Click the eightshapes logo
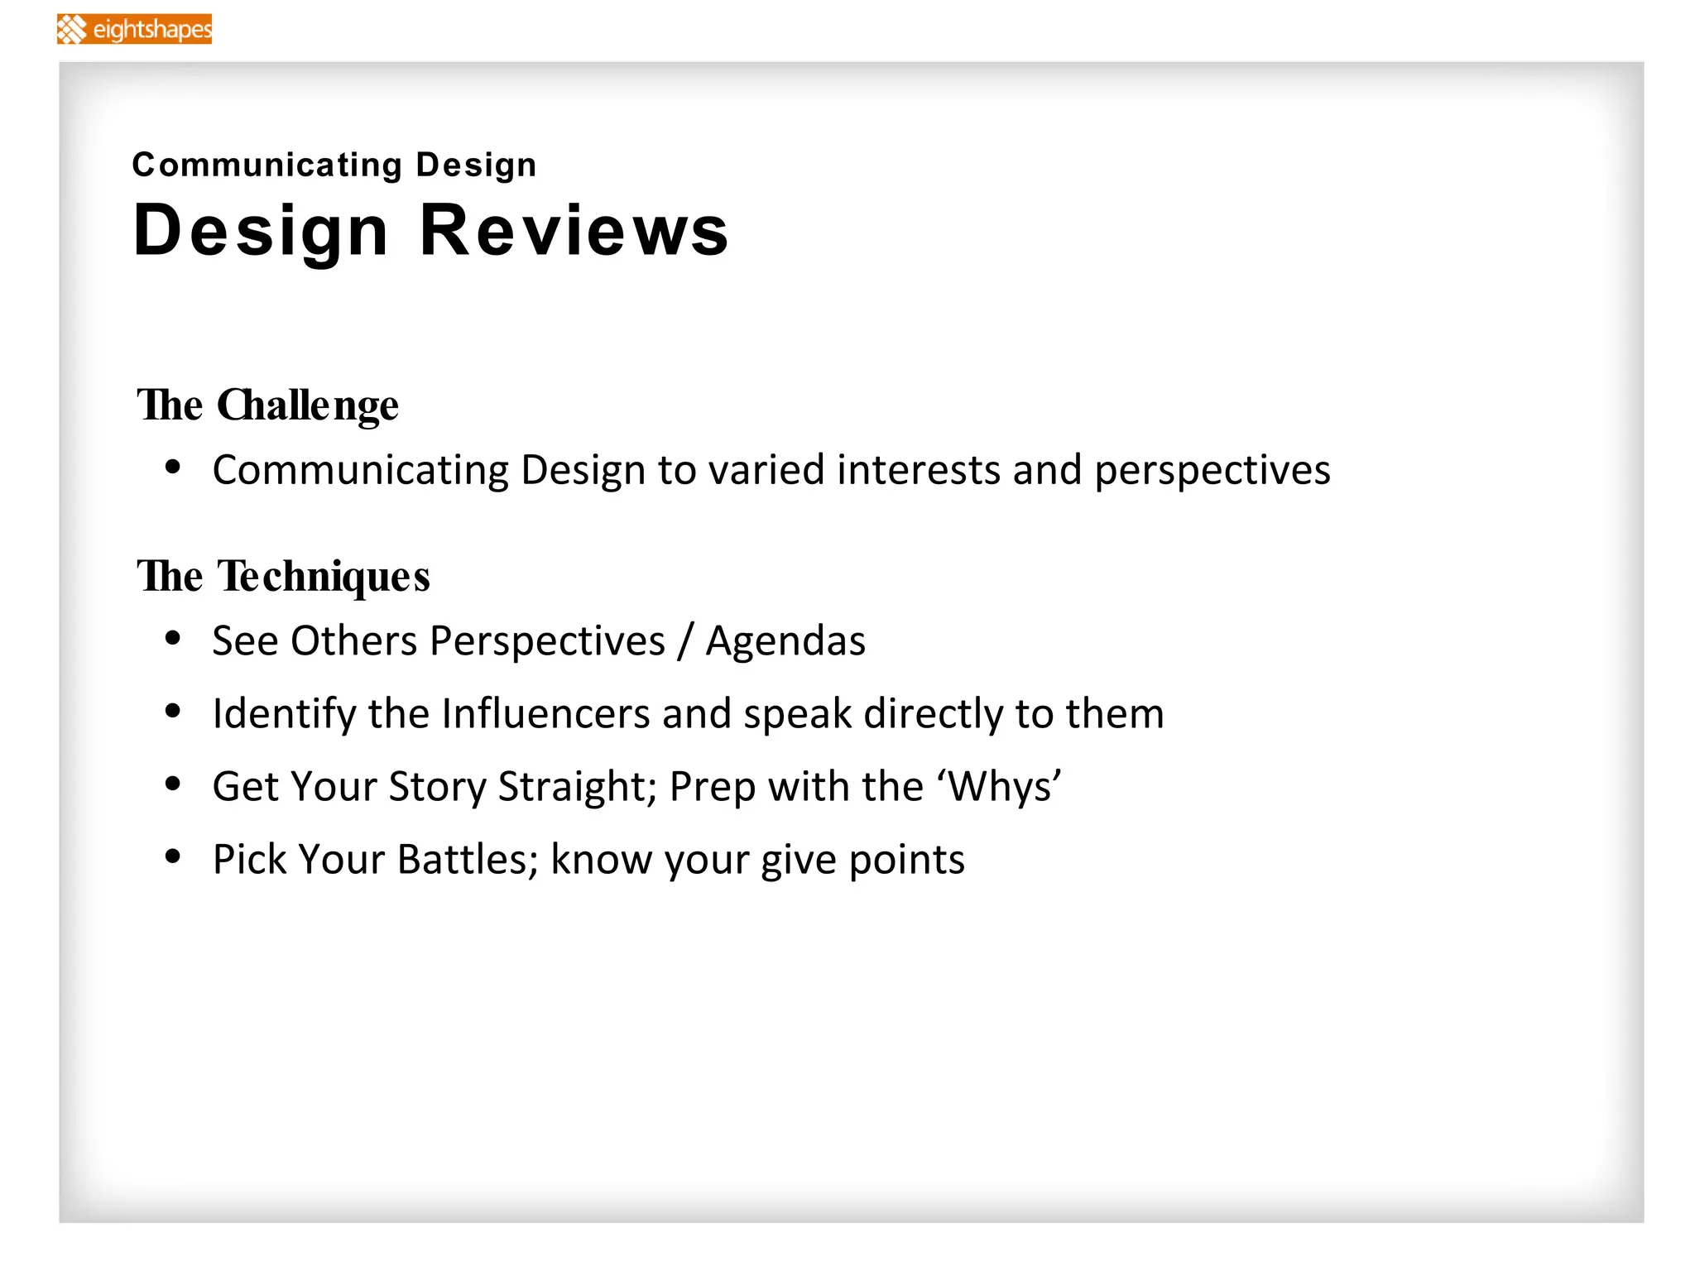[x=134, y=29]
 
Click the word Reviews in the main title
[x=574, y=230]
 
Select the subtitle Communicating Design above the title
[x=334, y=165]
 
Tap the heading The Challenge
[x=267, y=405]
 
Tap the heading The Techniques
[x=283, y=576]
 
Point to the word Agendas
[x=785, y=641]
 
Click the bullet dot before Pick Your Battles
[x=173, y=856]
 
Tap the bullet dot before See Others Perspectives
[x=173, y=638]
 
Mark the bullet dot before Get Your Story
[x=173, y=784]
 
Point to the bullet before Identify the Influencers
[x=173, y=711]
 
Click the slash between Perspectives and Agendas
[x=684, y=641]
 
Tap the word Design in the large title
[x=261, y=232]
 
